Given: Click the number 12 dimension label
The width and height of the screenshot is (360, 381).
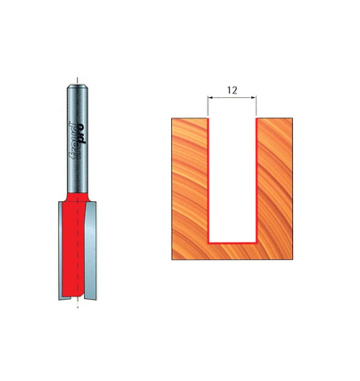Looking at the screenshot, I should [x=232, y=90].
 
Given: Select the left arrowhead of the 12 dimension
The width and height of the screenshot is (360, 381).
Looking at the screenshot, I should [x=209, y=98].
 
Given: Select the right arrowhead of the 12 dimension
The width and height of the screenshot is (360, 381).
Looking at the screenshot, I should [x=254, y=98].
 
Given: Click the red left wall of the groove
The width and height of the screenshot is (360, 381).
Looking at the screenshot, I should [x=208, y=179].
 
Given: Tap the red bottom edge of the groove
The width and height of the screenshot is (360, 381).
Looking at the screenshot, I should [x=232, y=242].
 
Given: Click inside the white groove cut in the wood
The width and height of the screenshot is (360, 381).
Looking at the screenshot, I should [x=232, y=179].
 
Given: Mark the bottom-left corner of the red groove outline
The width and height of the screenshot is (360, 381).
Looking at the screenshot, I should [x=208, y=242].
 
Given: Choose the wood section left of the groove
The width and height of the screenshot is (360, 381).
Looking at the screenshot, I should [x=190, y=187].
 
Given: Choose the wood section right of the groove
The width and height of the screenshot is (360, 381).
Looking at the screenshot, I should [x=275, y=187].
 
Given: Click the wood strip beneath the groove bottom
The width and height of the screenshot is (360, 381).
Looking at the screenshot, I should [x=232, y=251].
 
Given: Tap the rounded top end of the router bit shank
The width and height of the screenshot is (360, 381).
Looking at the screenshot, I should [x=77, y=86].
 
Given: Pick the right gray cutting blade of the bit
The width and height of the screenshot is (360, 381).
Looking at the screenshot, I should [x=90, y=248].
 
